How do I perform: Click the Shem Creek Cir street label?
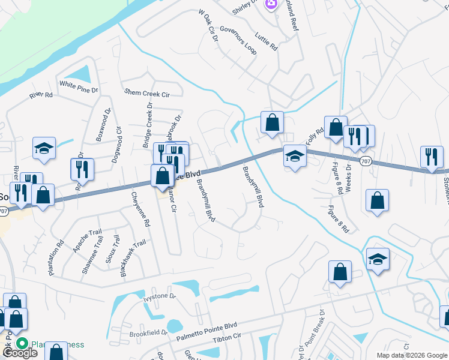click(x=147, y=93)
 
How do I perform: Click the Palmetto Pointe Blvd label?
click(x=206, y=332)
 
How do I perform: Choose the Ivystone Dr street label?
click(x=160, y=296)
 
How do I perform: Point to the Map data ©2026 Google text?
click(x=412, y=355)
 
